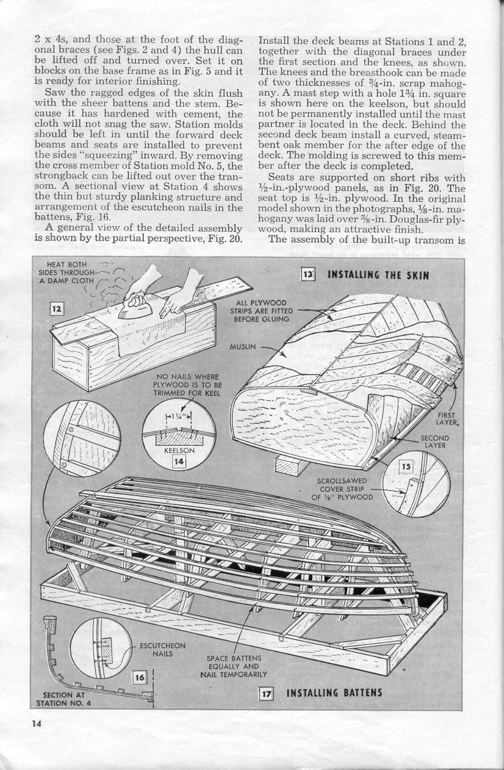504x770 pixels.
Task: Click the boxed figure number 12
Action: (x=57, y=309)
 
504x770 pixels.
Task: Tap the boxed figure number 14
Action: (x=178, y=461)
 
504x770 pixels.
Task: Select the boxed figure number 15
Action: (x=406, y=467)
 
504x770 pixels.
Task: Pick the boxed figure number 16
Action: (x=139, y=678)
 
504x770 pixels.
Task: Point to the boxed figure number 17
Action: (x=266, y=694)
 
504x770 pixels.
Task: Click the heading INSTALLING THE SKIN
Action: (x=378, y=276)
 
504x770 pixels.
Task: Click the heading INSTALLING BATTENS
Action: (x=335, y=693)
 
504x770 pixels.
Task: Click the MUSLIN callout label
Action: (x=243, y=346)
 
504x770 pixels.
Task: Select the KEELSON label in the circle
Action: (x=179, y=450)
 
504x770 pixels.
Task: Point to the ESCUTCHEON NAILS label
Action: (x=162, y=650)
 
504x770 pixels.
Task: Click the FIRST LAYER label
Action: (x=446, y=419)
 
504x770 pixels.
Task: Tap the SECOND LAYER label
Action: (x=435, y=442)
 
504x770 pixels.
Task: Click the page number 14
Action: (x=37, y=724)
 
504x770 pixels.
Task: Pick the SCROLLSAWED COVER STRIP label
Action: (x=342, y=489)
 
